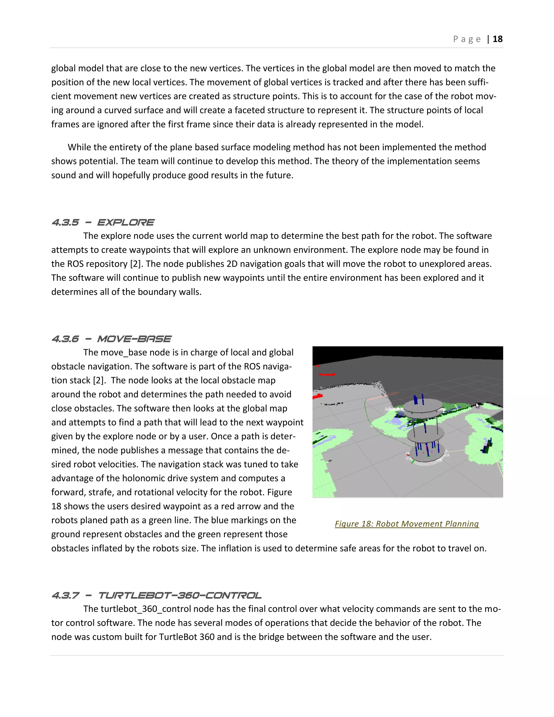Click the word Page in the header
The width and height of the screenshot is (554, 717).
pos(467,39)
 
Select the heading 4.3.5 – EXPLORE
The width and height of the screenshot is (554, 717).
pos(103,223)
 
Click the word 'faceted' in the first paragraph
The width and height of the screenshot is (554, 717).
pos(251,110)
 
